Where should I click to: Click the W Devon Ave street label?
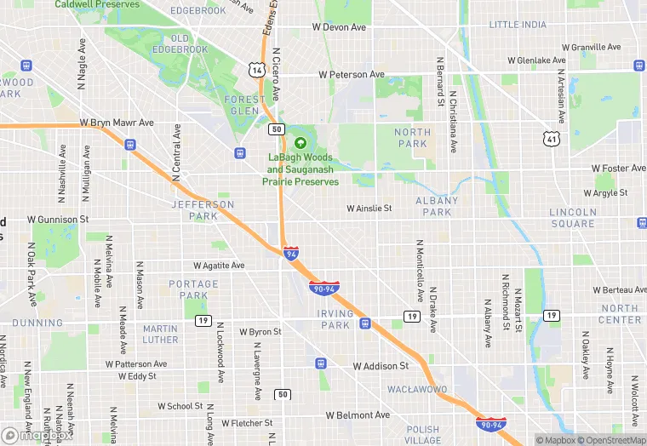(339, 27)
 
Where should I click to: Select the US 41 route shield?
(553, 137)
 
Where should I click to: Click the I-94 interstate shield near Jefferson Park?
(291, 253)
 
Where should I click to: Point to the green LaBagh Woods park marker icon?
(301, 142)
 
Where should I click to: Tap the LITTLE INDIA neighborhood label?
(518, 25)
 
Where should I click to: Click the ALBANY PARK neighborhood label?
(438, 206)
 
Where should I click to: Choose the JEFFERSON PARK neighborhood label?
(203, 210)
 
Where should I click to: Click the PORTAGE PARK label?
(193, 289)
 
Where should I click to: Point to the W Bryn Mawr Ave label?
(117, 123)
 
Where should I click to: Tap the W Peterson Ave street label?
(352, 75)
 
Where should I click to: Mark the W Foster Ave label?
(620, 169)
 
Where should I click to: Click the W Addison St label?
(381, 366)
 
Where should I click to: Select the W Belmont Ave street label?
(358, 415)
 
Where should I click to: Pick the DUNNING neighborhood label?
(37, 323)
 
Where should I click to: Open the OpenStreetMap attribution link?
(611, 440)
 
